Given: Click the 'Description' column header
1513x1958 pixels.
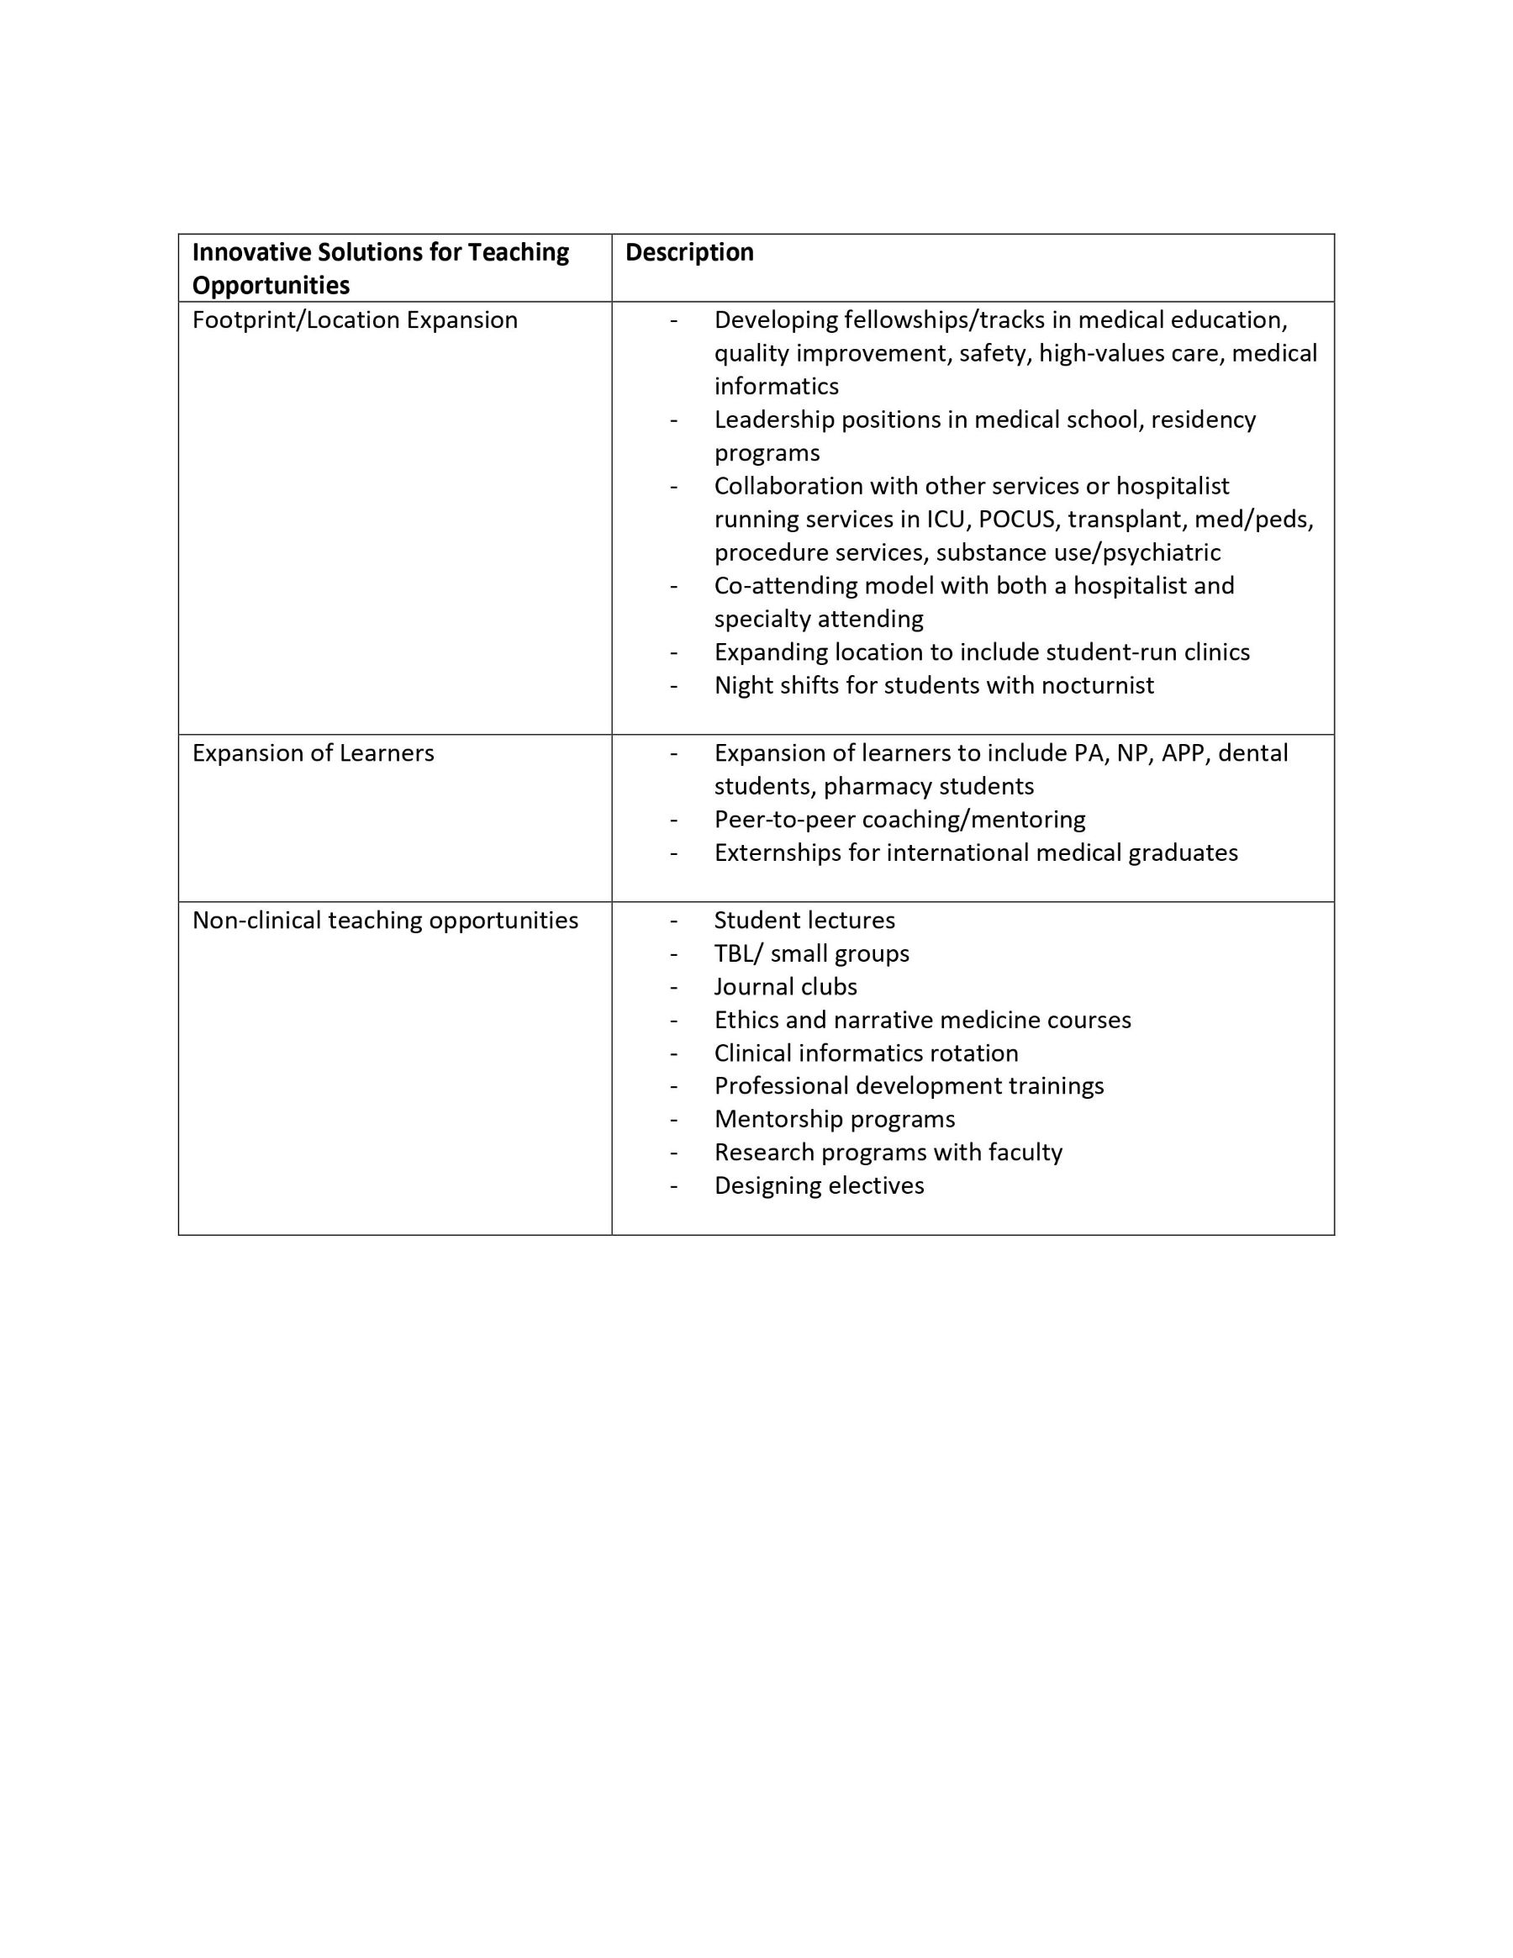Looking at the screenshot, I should coord(688,253).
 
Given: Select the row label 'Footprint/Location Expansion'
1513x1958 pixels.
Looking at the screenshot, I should coord(354,320).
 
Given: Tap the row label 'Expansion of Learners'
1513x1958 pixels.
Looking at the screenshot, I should coord(313,753).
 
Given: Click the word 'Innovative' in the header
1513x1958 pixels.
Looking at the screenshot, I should coord(251,253).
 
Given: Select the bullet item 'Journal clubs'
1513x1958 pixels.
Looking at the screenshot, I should coord(785,987).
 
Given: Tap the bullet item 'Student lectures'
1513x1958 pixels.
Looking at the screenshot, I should coord(804,921).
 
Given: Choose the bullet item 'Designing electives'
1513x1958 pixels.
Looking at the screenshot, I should coord(819,1186).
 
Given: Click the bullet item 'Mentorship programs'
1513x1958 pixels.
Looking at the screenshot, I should coord(835,1120).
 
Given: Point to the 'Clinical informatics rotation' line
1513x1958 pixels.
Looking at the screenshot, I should coord(866,1053).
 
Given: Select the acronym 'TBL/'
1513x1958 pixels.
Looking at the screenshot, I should coord(735,954).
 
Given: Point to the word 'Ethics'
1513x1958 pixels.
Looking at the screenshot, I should coord(746,1021).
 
